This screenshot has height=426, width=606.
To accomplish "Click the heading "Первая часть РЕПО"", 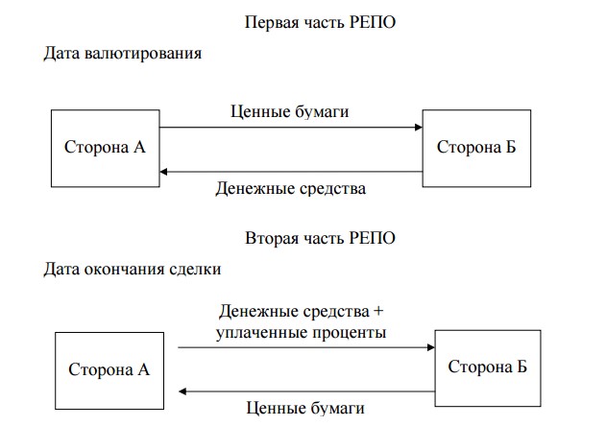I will pyautogui.click(x=321, y=21).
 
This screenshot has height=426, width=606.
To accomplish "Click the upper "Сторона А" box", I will pyautogui.click(x=105, y=148).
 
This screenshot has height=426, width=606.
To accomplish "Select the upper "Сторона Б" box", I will pyautogui.click(x=475, y=147).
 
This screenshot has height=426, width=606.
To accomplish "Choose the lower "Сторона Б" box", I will pyautogui.click(x=488, y=366).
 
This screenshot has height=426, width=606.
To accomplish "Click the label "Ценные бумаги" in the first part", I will pyautogui.click(x=290, y=111).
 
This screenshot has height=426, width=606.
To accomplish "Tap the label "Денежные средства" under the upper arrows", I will pyautogui.click(x=291, y=189).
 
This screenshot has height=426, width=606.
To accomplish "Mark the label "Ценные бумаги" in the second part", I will pyautogui.click(x=305, y=408).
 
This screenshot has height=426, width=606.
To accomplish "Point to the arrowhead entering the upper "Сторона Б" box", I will pyautogui.click(x=418, y=127).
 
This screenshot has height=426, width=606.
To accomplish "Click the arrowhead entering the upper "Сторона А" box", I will pyautogui.click(x=164, y=172).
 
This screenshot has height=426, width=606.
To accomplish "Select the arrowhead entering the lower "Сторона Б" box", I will pyautogui.click(x=430, y=348).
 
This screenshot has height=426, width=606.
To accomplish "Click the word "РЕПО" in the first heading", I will pyautogui.click(x=374, y=21).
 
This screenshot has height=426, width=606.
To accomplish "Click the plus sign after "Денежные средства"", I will pyautogui.click(x=378, y=313).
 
